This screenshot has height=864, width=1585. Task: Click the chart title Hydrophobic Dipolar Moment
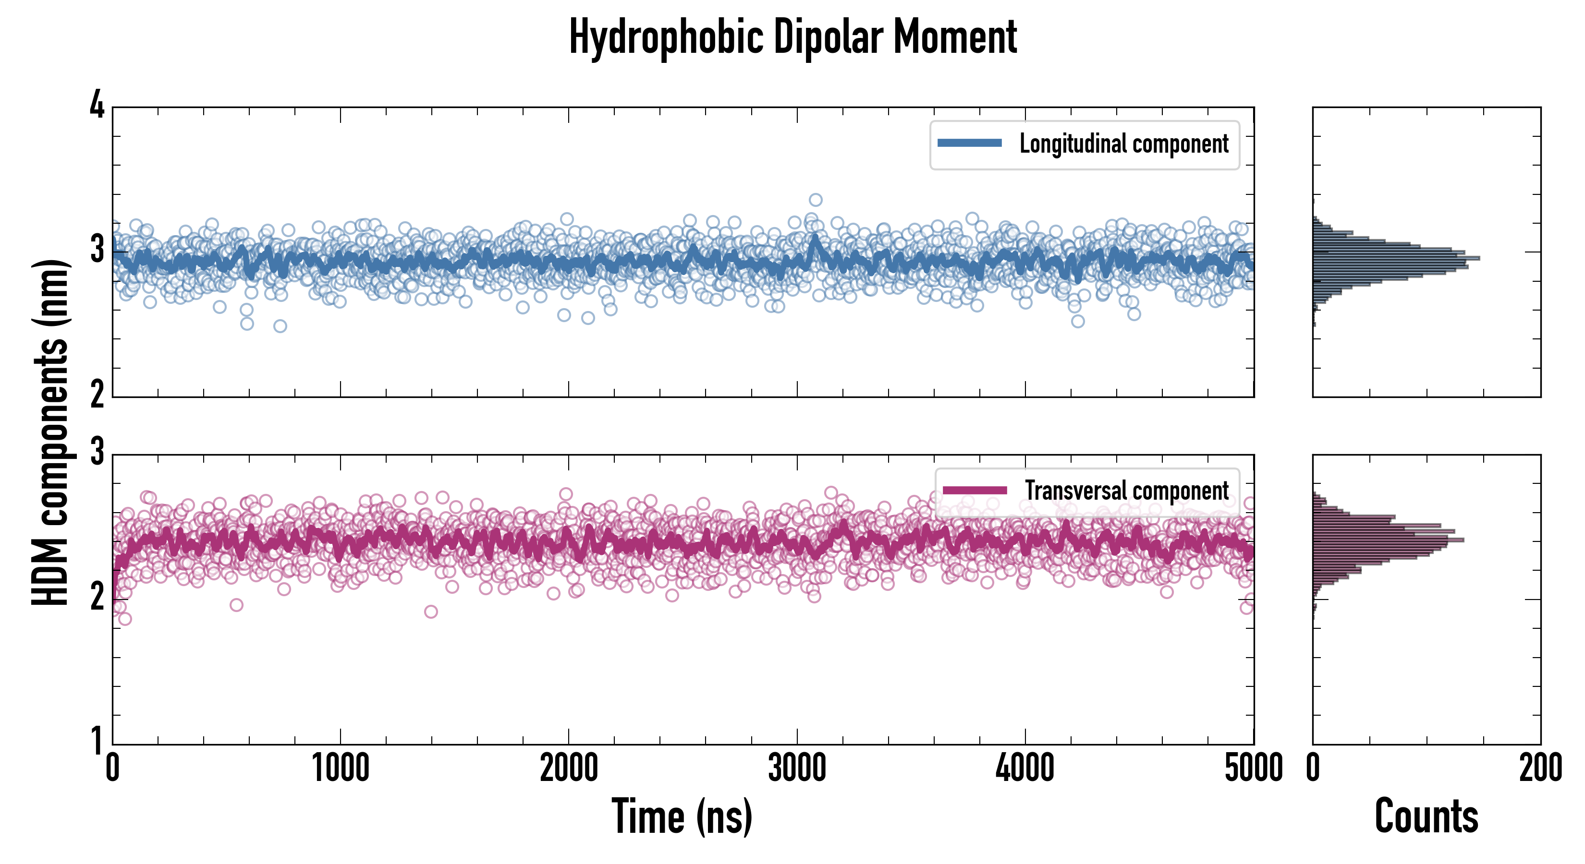click(792, 37)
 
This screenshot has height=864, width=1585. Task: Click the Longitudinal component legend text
click(1123, 144)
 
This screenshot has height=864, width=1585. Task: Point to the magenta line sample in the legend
click(975, 490)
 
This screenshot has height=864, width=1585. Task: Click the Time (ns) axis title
click(682, 816)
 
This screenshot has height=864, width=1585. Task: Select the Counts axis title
click(1426, 816)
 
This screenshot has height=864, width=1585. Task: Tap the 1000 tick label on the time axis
click(340, 768)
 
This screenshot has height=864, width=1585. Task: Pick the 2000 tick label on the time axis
click(569, 768)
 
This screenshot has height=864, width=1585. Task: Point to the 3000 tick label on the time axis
click(797, 768)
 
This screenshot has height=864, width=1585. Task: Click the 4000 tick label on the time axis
click(1025, 768)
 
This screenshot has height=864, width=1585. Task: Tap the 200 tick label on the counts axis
click(1540, 768)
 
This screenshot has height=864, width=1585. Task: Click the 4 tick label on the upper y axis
click(97, 106)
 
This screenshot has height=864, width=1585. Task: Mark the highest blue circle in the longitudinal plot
click(815, 200)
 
